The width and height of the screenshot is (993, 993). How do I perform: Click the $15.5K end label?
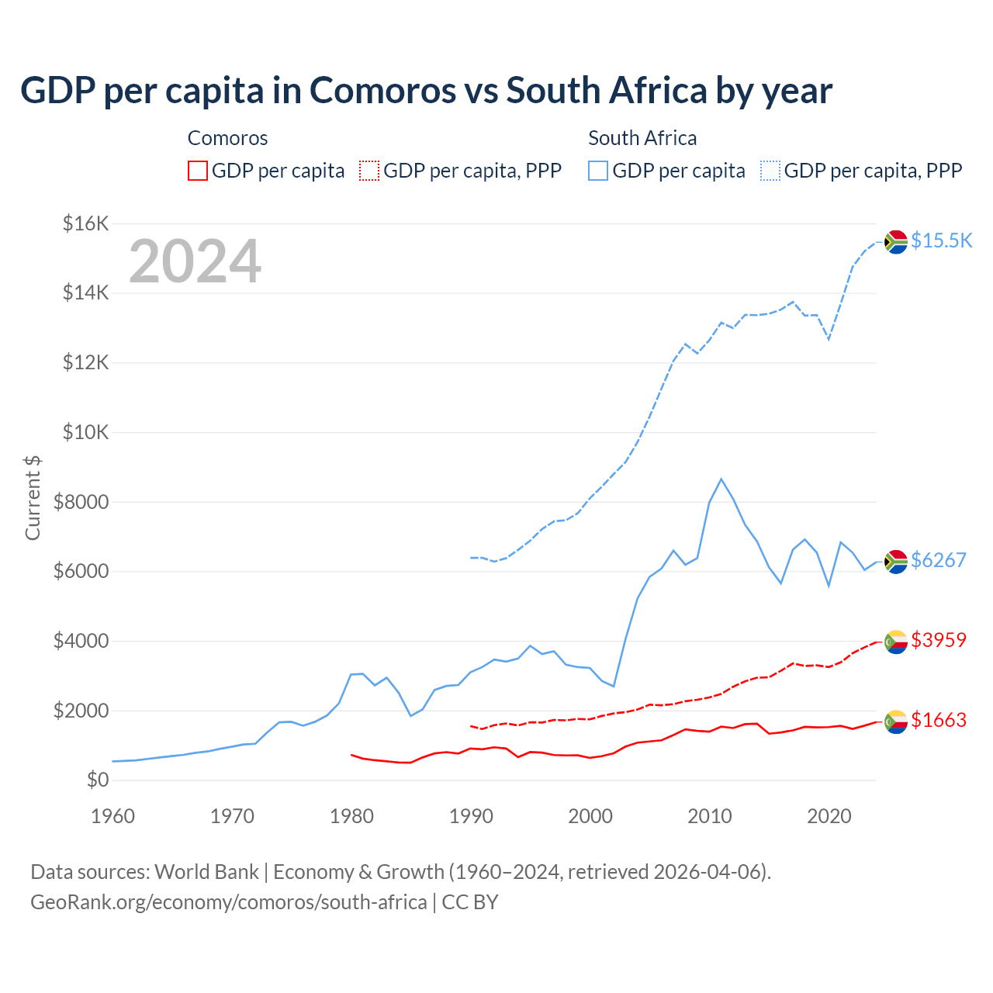941,240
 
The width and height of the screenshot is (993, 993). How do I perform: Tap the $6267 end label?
938,560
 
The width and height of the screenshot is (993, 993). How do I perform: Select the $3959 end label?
938,640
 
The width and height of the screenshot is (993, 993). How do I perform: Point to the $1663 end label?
938,720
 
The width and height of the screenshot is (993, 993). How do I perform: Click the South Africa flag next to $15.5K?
896,241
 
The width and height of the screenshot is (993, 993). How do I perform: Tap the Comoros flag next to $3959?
896,642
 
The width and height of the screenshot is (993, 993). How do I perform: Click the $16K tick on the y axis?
85,224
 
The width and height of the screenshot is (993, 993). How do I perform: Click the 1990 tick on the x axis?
471,816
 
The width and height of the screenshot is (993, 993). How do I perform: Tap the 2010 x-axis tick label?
710,816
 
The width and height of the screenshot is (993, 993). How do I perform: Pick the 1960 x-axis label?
113,816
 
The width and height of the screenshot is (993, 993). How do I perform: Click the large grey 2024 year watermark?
195,261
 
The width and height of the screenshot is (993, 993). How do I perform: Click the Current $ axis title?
33,497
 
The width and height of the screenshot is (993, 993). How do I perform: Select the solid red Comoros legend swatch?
198,171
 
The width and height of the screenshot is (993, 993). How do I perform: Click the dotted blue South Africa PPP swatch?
770,171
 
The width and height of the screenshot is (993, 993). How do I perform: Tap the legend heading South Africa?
642,138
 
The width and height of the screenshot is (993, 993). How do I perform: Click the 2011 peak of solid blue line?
721,479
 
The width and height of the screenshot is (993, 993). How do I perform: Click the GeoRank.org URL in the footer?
229,902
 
